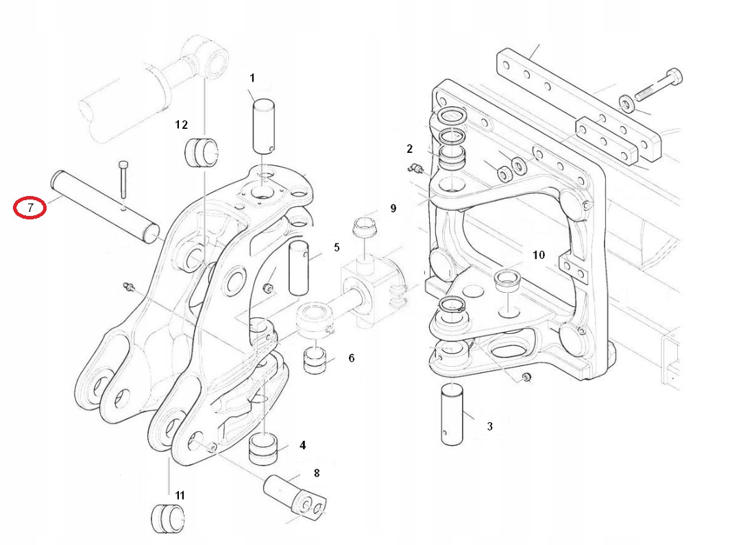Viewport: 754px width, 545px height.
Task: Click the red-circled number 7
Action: pos(29,208)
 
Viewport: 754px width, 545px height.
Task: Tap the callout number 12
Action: pos(181,125)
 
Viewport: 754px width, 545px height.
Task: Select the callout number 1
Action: pos(252,78)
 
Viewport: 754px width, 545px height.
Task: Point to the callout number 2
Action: pos(409,149)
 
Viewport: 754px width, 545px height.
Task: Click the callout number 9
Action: pos(393,208)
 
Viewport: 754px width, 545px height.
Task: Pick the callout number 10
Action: pos(539,254)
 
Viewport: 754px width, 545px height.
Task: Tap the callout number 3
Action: pos(489,426)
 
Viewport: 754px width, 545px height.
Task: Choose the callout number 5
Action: pos(337,247)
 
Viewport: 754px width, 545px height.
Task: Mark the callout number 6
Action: pos(352,358)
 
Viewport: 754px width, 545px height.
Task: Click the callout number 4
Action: pos(302,446)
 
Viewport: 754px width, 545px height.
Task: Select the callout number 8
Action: pos(317,473)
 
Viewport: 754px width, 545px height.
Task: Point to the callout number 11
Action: pos(180,496)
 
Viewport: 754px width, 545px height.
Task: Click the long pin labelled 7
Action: pos(105,207)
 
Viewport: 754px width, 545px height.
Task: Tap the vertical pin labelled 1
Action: pos(263,126)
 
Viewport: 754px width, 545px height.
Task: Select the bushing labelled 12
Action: pos(202,152)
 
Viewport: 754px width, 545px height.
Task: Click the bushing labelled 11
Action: pos(168,518)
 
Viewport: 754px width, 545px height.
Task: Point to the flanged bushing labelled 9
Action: pos(365,227)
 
